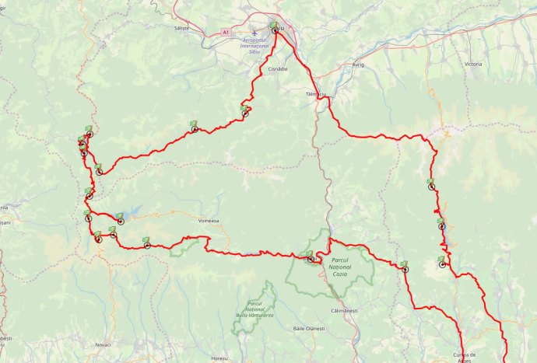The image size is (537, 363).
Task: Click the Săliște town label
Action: tap(182, 27)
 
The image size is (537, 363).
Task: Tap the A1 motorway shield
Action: tap(226, 33)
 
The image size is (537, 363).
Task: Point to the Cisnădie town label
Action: tap(278, 68)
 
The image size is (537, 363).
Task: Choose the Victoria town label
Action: tap(472, 65)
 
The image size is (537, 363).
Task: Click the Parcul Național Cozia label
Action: tap(342, 267)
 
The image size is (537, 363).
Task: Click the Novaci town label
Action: tap(102, 344)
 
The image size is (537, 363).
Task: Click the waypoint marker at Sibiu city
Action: tap(274, 30)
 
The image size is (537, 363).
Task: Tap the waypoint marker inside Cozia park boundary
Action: tap(311, 258)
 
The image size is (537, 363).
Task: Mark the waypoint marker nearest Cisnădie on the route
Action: tap(245, 113)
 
